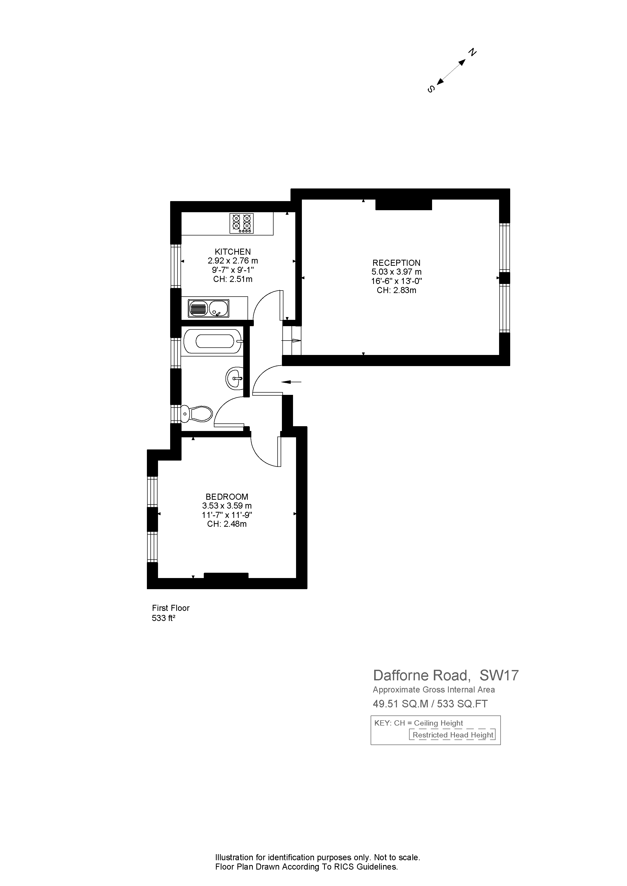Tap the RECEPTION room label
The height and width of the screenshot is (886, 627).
(x=396, y=263)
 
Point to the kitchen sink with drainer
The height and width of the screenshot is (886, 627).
(x=209, y=308)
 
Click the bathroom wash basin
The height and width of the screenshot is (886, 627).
(x=234, y=378)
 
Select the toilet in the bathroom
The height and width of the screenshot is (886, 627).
(x=197, y=414)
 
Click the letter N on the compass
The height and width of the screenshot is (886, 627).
(x=472, y=52)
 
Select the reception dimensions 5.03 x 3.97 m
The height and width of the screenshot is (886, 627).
(x=396, y=272)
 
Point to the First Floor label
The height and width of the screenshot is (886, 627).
(x=171, y=608)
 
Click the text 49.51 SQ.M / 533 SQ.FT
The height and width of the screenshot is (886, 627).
(x=430, y=704)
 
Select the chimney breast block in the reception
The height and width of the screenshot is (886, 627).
(x=404, y=205)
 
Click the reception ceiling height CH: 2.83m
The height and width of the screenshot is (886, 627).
(x=396, y=290)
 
